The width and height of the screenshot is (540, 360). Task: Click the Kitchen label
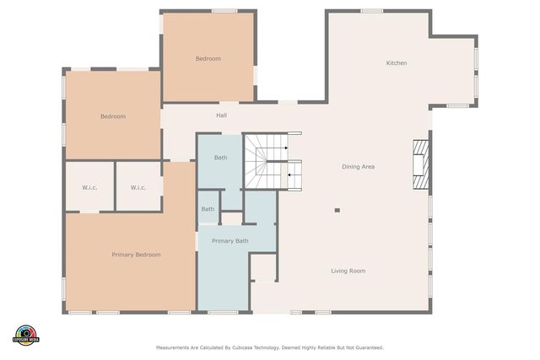point(397,63)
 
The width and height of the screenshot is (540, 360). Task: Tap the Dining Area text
point(358,167)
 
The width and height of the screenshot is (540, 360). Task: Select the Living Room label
point(348,271)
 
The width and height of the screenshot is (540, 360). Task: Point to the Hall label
point(221,116)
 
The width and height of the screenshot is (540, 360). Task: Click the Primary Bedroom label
point(136,255)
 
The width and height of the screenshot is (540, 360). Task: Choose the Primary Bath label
point(230,241)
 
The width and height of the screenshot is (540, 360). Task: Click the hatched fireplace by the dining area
point(421,164)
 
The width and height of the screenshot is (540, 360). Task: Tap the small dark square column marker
point(337,210)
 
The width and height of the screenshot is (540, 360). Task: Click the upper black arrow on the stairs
point(286,148)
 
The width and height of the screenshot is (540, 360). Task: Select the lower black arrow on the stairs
point(289,175)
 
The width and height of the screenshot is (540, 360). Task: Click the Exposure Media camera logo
point(26,336)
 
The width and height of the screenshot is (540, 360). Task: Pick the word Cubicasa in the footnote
point(242,348)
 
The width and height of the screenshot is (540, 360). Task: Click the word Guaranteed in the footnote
point(370,348)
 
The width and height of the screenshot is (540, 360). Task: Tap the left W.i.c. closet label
point(89,187)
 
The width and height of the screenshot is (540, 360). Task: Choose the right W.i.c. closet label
point(138,187)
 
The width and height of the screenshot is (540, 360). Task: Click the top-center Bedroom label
point(208,58)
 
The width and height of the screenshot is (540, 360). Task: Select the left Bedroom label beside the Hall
point(113,116)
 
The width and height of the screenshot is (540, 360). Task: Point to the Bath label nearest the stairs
point(220,158)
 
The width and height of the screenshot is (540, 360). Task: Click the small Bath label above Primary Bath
point(208,209)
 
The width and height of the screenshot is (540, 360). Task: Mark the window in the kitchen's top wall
point(372,11)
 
